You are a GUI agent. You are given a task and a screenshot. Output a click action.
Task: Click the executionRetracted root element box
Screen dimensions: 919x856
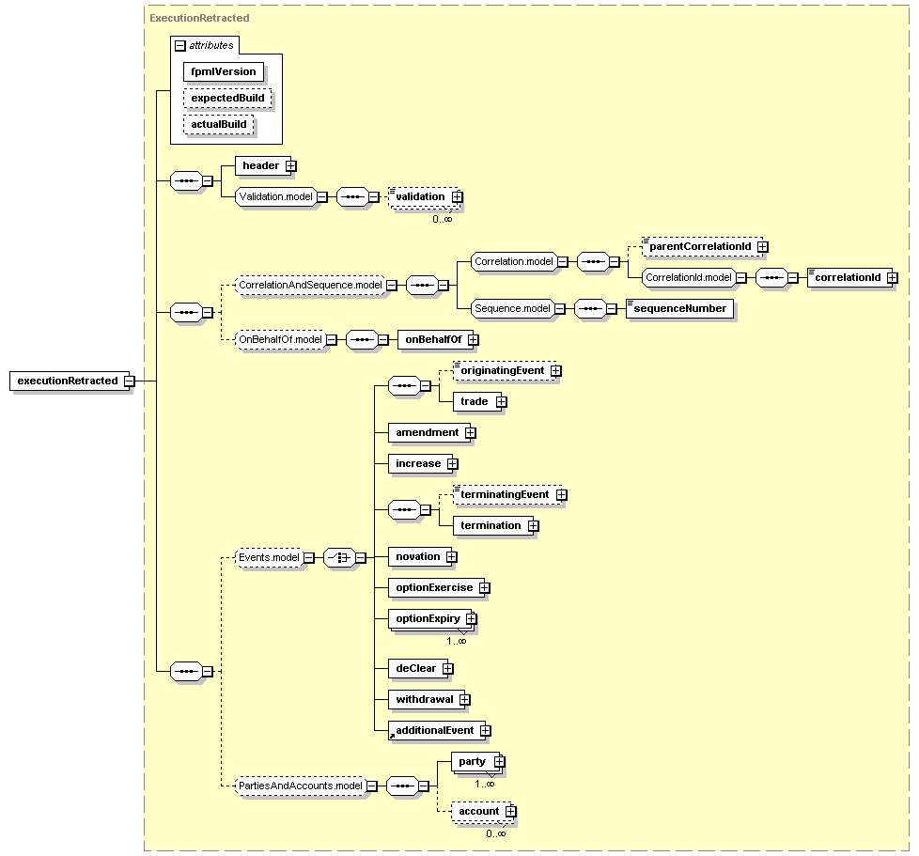tap(70, 381)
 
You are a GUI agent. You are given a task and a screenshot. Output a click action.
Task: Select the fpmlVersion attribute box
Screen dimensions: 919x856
tap(224, 72)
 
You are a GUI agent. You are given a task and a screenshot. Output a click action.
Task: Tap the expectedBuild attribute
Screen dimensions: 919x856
tap(227, 99)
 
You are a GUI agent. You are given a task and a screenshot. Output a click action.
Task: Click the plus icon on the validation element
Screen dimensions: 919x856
tap(458, 197)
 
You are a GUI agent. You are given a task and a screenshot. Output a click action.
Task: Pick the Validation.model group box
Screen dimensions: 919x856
tap(275, 197)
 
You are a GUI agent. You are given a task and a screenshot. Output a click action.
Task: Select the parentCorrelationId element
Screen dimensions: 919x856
tap(702, 247)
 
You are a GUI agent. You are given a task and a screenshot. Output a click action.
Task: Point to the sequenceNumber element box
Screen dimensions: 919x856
tap(680, 309)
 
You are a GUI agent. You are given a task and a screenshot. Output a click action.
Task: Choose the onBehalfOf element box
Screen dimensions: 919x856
tap(435, 340)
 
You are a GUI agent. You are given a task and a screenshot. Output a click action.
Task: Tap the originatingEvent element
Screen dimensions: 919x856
tap(505, 371)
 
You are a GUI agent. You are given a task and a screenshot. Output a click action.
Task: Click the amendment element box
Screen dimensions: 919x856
tap(429, 433)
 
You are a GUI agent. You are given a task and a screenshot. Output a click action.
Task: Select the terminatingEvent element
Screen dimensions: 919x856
tap(507, 495)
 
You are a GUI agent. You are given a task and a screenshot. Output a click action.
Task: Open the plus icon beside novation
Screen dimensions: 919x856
tap(451, 557)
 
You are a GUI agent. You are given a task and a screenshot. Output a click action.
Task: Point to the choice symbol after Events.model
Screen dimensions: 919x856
tap(340, 558)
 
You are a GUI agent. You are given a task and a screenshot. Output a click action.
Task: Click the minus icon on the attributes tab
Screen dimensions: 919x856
tap(180, 46)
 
